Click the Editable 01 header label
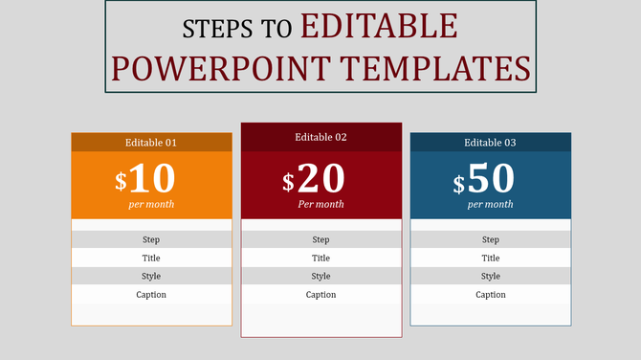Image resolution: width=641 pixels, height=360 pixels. click(x=151, y=143)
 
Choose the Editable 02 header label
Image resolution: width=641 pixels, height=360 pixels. click(x=320, y=137)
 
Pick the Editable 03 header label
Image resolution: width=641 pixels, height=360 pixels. click(x=490, y=143)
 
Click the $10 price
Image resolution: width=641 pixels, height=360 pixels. click(x=145, y=179)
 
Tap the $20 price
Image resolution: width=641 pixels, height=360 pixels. click(x=314, y=179)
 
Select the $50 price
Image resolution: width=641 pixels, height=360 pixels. click(x=484, y=179)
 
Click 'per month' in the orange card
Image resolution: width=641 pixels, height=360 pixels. click(x=151, y=204)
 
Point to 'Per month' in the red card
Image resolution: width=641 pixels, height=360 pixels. click(x=320, y=204)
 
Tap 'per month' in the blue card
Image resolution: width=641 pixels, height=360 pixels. click(x=490, y=204)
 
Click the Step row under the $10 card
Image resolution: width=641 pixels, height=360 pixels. click(x=151, y=239)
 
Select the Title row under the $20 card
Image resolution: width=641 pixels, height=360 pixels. click(x=320, y=258)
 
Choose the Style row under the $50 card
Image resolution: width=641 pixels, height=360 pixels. click(x=490, y=276)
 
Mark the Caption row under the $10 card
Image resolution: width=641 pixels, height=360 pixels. click(x=151, y=294)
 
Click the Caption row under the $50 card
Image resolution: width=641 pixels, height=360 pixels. click(x=490, y=294)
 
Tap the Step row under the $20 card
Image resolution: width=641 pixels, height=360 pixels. click(x=320, y=239)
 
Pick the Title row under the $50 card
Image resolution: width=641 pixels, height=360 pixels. click(x=490, y=258)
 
